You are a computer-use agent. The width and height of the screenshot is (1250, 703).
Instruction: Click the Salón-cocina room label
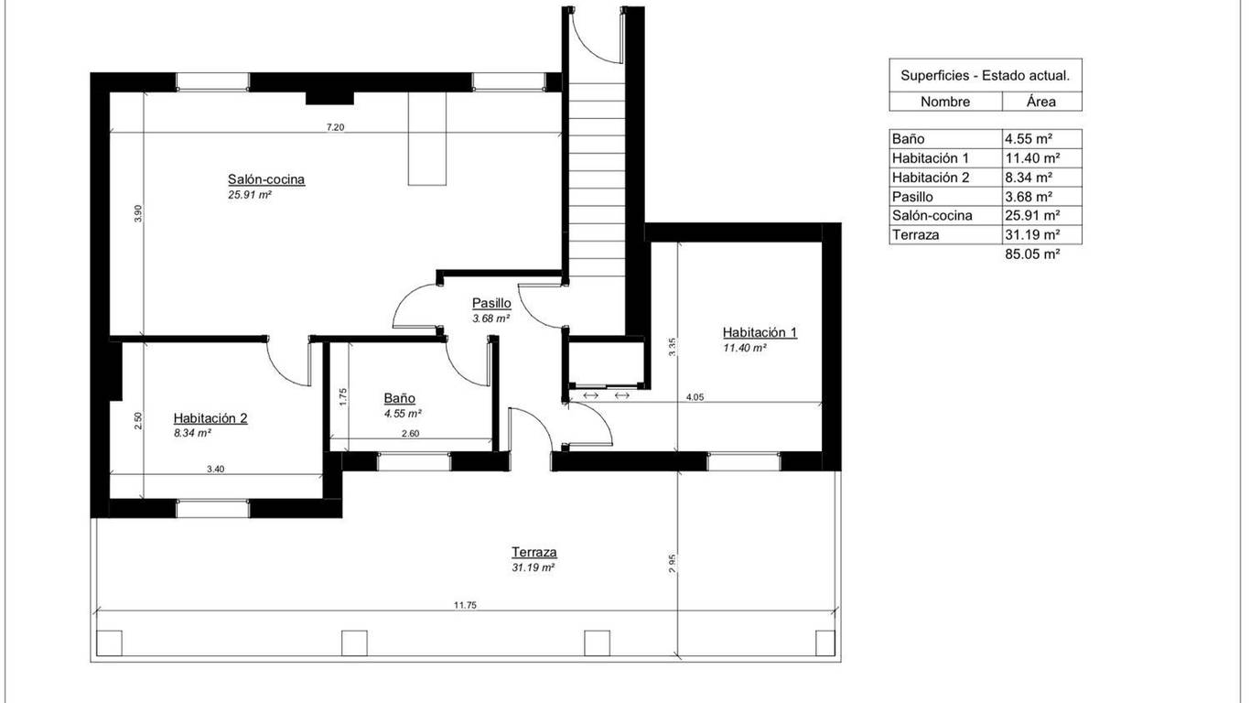(266, 179)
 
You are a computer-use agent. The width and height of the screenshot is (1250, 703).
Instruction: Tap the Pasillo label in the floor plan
(491, 303)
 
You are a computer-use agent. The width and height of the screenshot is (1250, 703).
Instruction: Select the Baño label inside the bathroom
(400, 398)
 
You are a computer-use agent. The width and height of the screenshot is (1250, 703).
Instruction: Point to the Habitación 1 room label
(760, 332)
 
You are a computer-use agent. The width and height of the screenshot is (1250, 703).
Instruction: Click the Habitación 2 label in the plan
(210, 417)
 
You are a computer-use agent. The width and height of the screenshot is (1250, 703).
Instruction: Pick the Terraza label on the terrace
(534, 552)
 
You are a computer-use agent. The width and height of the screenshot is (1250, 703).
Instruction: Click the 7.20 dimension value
(336, 127)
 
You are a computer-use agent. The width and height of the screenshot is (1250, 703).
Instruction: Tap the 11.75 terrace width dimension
(466, 605)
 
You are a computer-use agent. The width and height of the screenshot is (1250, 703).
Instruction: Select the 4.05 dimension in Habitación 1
(695, 397)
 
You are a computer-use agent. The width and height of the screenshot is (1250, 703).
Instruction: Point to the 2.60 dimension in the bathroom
(410, 433)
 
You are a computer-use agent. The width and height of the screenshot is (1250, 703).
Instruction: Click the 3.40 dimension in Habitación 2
(215, 469)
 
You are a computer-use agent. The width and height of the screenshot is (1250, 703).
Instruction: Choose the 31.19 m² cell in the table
(1032, 234)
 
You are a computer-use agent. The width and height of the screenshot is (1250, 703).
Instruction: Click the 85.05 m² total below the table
(1032, 254)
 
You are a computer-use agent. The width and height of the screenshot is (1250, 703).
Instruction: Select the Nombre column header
(945, 102)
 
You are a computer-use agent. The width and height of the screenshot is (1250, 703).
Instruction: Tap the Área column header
(1041, 101)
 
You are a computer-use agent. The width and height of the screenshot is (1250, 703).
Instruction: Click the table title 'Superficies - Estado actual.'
(985, 76)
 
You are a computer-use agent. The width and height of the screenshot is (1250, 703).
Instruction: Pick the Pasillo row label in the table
(912, 197)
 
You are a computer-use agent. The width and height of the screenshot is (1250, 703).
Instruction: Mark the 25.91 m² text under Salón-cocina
(250, 195)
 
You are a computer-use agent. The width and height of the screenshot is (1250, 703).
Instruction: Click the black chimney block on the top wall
(329, 97)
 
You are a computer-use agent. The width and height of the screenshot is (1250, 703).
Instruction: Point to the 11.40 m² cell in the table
(1032, 158)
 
